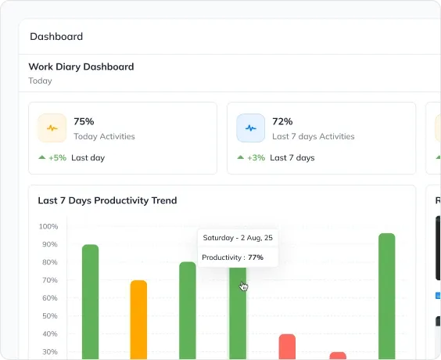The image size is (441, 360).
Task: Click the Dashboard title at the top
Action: click(56, 36)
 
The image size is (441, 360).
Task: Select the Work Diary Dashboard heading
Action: click(81, 67)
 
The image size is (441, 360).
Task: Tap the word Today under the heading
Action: click(41, 81)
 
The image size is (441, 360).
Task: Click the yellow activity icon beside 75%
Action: click(52, 128)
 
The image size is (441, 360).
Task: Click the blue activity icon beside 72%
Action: click(251, 128)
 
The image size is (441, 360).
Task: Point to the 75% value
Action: click(84, 121)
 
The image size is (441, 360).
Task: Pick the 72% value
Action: click(282, 121)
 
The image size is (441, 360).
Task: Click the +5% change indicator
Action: click(56, 157)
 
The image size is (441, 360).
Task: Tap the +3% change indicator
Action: click(255, 157)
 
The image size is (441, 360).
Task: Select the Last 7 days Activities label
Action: click(313, 136)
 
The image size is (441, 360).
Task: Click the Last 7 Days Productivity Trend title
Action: click(107, 200)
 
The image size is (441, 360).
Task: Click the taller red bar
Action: click(287, 346)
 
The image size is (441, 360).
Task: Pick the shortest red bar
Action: click(338, 355)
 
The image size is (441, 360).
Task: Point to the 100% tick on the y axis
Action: click(48, 226)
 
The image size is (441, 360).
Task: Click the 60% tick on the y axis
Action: click(48, 298)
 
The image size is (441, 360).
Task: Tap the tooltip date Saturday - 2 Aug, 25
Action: click(238, 237)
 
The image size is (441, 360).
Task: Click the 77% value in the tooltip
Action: click(256, 257)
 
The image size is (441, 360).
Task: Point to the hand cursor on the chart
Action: click(243, 286)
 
